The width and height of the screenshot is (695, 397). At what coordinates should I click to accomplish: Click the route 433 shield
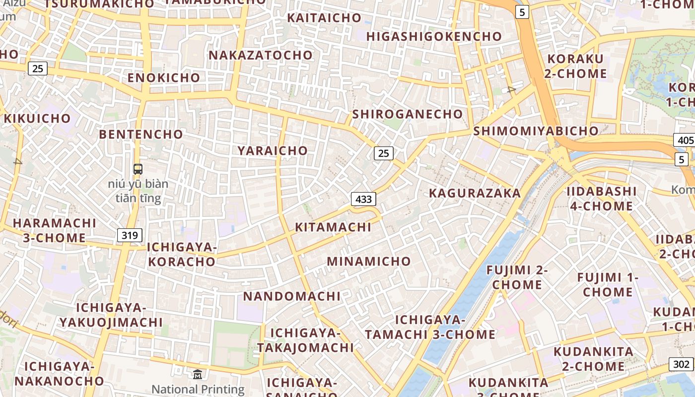coord(364,199)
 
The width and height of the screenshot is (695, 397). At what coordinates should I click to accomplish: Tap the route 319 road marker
coord(130,235)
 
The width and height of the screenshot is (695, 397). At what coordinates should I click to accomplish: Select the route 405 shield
coord(685,140)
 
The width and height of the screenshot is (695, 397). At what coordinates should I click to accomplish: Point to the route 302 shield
coord(682,364)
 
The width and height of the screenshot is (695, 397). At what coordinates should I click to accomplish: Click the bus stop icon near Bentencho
coord(138,169)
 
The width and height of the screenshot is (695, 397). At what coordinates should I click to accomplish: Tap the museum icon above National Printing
coord(198,374)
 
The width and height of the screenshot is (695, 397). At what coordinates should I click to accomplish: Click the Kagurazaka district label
coord(475,193)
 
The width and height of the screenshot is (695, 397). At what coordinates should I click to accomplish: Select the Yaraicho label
coord(273,150)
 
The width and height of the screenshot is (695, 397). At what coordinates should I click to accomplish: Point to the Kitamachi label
coord(333,227)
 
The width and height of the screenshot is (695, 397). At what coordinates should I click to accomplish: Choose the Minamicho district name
coord(369,261)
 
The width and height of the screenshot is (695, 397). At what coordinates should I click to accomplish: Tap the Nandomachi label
coord(292,296)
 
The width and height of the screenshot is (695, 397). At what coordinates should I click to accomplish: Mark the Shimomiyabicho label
coord(536,131)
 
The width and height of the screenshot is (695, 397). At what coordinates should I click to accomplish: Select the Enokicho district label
coord(164,77)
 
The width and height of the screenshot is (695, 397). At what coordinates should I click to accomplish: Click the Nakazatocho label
coord(261,55)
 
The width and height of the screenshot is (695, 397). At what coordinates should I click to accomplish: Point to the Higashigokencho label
coord(434,37)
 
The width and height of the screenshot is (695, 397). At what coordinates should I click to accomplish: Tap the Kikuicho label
coord(37,119)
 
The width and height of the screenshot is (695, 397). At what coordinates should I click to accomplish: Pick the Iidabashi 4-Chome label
coord(602,198)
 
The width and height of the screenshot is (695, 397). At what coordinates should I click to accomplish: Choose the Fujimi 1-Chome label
coord(608,284)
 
